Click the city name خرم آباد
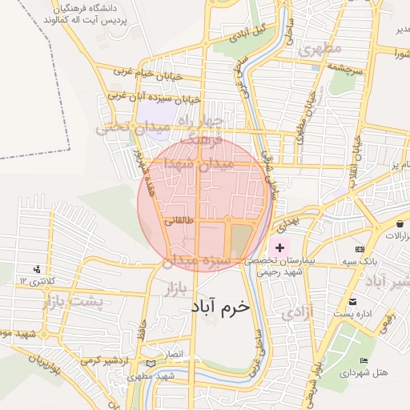tap(220, 307)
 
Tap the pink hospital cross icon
tap(279, 249)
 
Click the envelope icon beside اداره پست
tap(353, 301)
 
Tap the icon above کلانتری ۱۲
tap(36, 269)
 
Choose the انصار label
tap(174, 353)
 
